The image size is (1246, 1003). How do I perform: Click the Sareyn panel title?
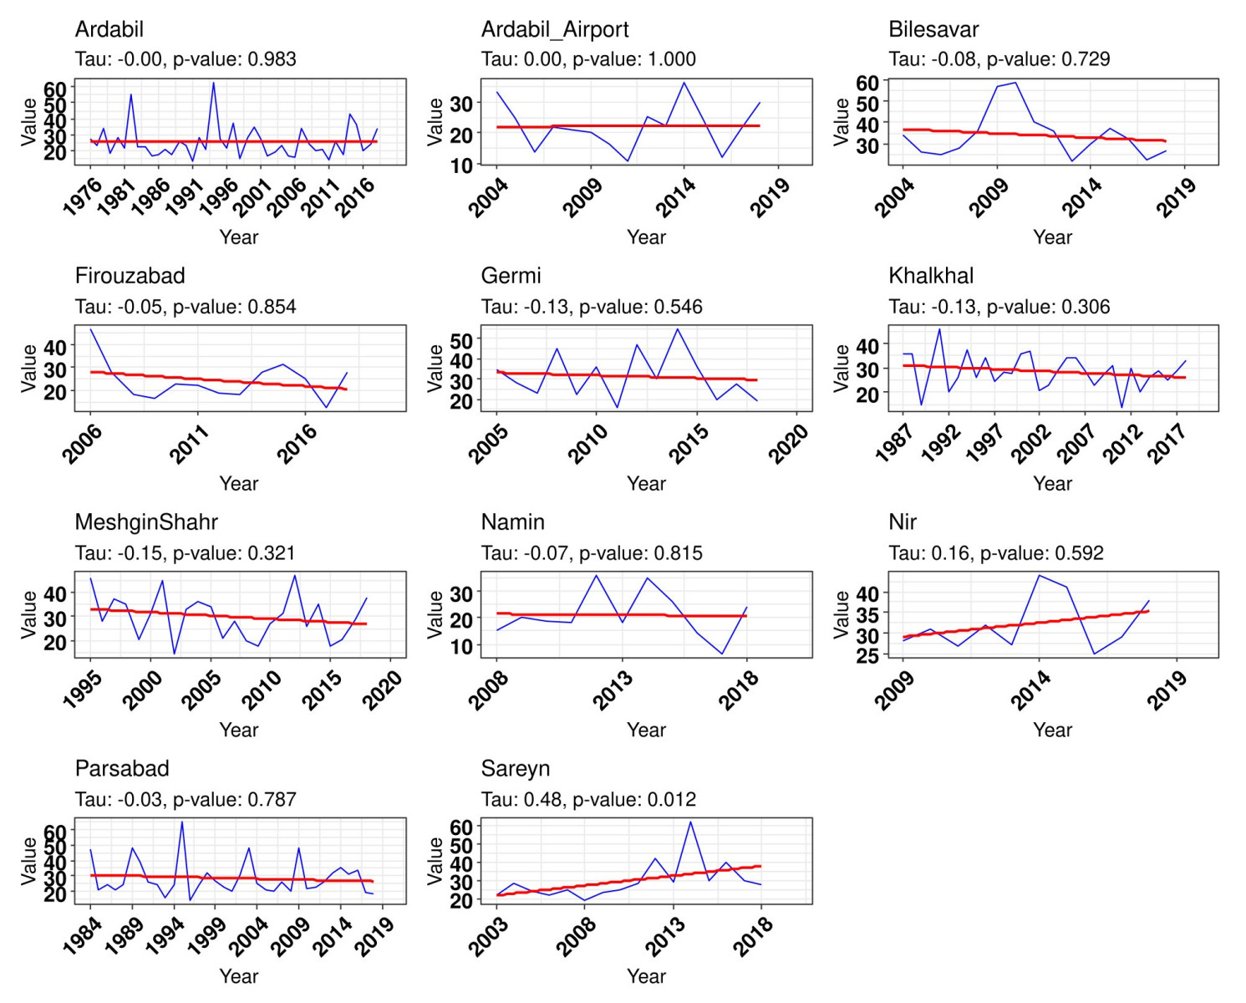point(515,769)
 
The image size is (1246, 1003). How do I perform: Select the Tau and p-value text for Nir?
point(995,553)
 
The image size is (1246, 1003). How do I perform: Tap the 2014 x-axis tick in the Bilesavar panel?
point(1083,197)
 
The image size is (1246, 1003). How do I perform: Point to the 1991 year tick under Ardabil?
point(184,197)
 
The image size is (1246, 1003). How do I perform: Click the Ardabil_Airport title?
point(554,29)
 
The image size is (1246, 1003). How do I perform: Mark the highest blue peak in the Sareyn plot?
point(690,822)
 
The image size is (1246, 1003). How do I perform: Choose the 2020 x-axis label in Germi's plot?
point(788,443)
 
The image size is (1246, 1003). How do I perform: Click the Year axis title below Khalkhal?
point(1052,484)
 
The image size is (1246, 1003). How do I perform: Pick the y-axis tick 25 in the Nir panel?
point(867,655)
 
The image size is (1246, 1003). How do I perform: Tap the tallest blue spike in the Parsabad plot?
point(182,822)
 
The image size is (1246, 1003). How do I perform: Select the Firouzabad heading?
point(130,276)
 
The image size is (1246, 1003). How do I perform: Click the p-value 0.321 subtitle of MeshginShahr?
point(185,553)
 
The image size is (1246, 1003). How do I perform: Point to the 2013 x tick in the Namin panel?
point(613,690)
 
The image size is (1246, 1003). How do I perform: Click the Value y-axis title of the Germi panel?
point(435,368)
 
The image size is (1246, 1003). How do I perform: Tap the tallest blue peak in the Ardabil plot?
point(213,83)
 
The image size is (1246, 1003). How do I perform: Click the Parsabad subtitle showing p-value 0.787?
point(186,800)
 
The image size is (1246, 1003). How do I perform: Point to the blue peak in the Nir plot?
point(1039,575)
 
